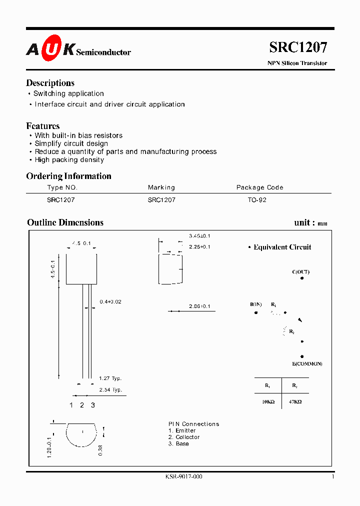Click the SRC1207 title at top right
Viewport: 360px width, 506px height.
[x=298, y=47]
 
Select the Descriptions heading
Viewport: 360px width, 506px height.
[x=50, y=83]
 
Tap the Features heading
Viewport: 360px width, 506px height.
[x=42, y=126]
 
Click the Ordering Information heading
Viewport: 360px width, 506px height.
[x=68, y=176]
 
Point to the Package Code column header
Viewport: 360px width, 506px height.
[x=259, y=187]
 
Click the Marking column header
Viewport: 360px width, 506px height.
[x=161, y=187]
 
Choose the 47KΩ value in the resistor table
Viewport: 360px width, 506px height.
[x=295, y=401]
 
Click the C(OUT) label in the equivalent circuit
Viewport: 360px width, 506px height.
[x=300, y=272]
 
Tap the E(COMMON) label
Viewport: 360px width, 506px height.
[x=307, y=363]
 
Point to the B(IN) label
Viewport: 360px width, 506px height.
[x=255, y=304]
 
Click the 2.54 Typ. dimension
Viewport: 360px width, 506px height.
[x=110, y=389]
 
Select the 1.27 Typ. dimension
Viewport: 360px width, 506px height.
[x=110, y=378]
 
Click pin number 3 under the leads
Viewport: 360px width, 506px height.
[x=92, y=405]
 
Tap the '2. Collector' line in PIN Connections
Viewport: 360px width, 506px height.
[x=184, y=437]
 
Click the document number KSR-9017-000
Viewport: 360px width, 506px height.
[x=183, y=476]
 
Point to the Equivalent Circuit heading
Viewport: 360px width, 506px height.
[x=282, y=247]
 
